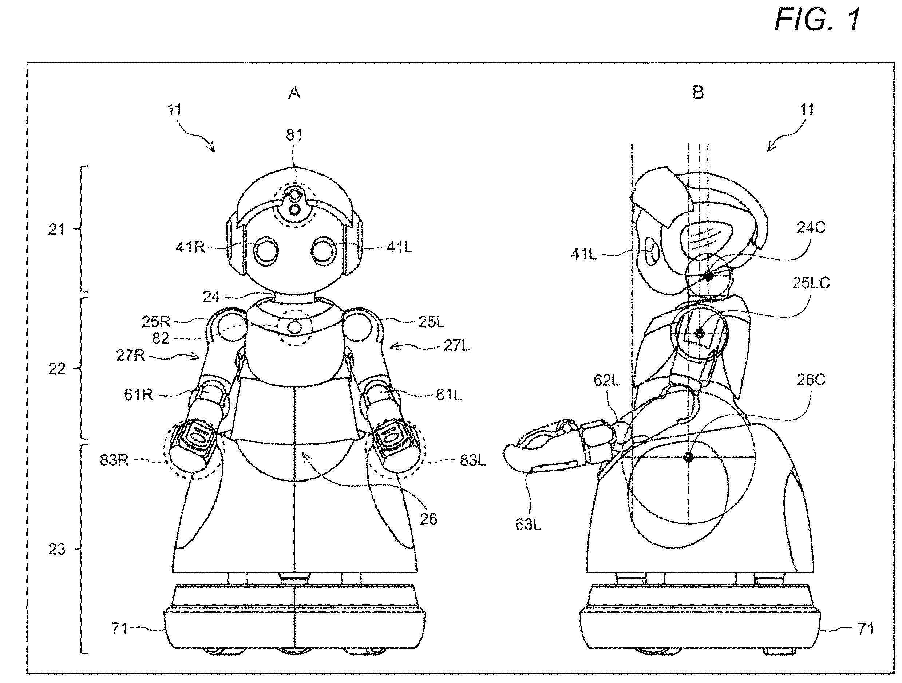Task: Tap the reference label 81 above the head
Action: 294,135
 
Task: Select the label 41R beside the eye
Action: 190,247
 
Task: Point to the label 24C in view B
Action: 811,228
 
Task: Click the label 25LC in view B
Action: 811,283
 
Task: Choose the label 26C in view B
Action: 811,380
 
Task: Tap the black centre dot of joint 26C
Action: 689,457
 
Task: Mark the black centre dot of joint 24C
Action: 708,276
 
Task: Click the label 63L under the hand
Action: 528,524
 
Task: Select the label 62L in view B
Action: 606,380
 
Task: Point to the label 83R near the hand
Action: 114,460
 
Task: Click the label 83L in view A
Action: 473,460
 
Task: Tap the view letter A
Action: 294,93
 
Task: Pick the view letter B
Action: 698,93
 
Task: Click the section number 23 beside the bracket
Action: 57,550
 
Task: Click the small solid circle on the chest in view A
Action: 295,327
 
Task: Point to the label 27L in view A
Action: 457,346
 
